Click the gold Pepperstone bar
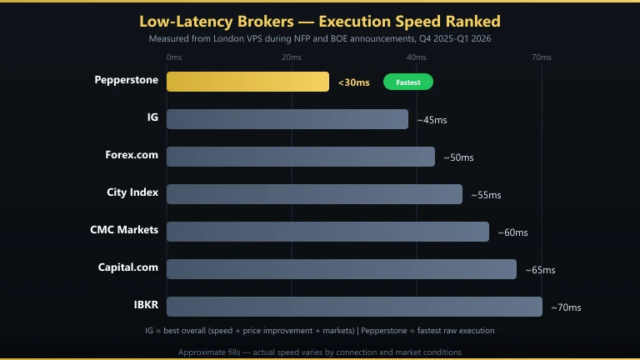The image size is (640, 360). (247, 82)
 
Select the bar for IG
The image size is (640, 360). (287, 119)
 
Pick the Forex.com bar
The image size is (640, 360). (301, 157)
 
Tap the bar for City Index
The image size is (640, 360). (314, 194)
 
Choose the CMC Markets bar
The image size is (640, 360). (327, 232)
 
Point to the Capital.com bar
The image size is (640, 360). (342, 269)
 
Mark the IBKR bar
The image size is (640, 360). (354, 307)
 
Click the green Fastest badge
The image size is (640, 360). (408, 82)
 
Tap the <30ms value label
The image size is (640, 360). (354, 82)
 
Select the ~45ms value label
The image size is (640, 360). (432, 120)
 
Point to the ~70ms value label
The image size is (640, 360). (566, 307)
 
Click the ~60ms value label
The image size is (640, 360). (512, 232)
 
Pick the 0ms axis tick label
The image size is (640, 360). (174, 57)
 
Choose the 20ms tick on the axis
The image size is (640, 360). (292, 57)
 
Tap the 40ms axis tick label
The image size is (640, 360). (416, 57)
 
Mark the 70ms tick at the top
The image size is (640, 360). (541, 57)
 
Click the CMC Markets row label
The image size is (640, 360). (124, 229)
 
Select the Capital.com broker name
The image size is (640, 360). (127, 267)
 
